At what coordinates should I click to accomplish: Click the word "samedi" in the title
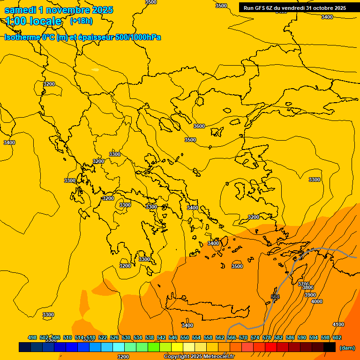[x=20, y=10]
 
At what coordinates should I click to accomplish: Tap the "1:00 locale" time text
[x=33, y=21]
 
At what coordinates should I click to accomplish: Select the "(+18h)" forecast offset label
[x=81, y=21]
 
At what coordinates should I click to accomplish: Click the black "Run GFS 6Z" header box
[x=294, y=7]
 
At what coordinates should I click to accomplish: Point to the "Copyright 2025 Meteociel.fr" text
[x=199, y=357]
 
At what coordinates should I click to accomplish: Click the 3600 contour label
[x=199, y=126]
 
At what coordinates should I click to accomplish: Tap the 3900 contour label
[x=310, y=295]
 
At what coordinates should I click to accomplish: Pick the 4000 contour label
[x=317, y=301]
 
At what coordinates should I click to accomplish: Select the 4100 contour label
[x=338, y=324]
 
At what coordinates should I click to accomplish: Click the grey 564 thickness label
[x=275, y=297]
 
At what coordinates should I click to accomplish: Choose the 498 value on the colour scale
[x=32, y=337]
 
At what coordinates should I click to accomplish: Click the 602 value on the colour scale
[x=337, y=337]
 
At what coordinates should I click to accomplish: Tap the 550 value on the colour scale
[x=185, y=337]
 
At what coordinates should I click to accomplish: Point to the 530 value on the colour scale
[x=126, y=337]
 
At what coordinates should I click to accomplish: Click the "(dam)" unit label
[x=347, y=348]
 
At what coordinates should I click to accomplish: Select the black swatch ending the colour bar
[x=330, y=347]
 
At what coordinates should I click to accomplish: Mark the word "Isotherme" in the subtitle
[x=22, y=37]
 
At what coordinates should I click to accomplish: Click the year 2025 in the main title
[x=100, y=10]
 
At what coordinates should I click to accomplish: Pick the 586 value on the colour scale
[x=290, y=337]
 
